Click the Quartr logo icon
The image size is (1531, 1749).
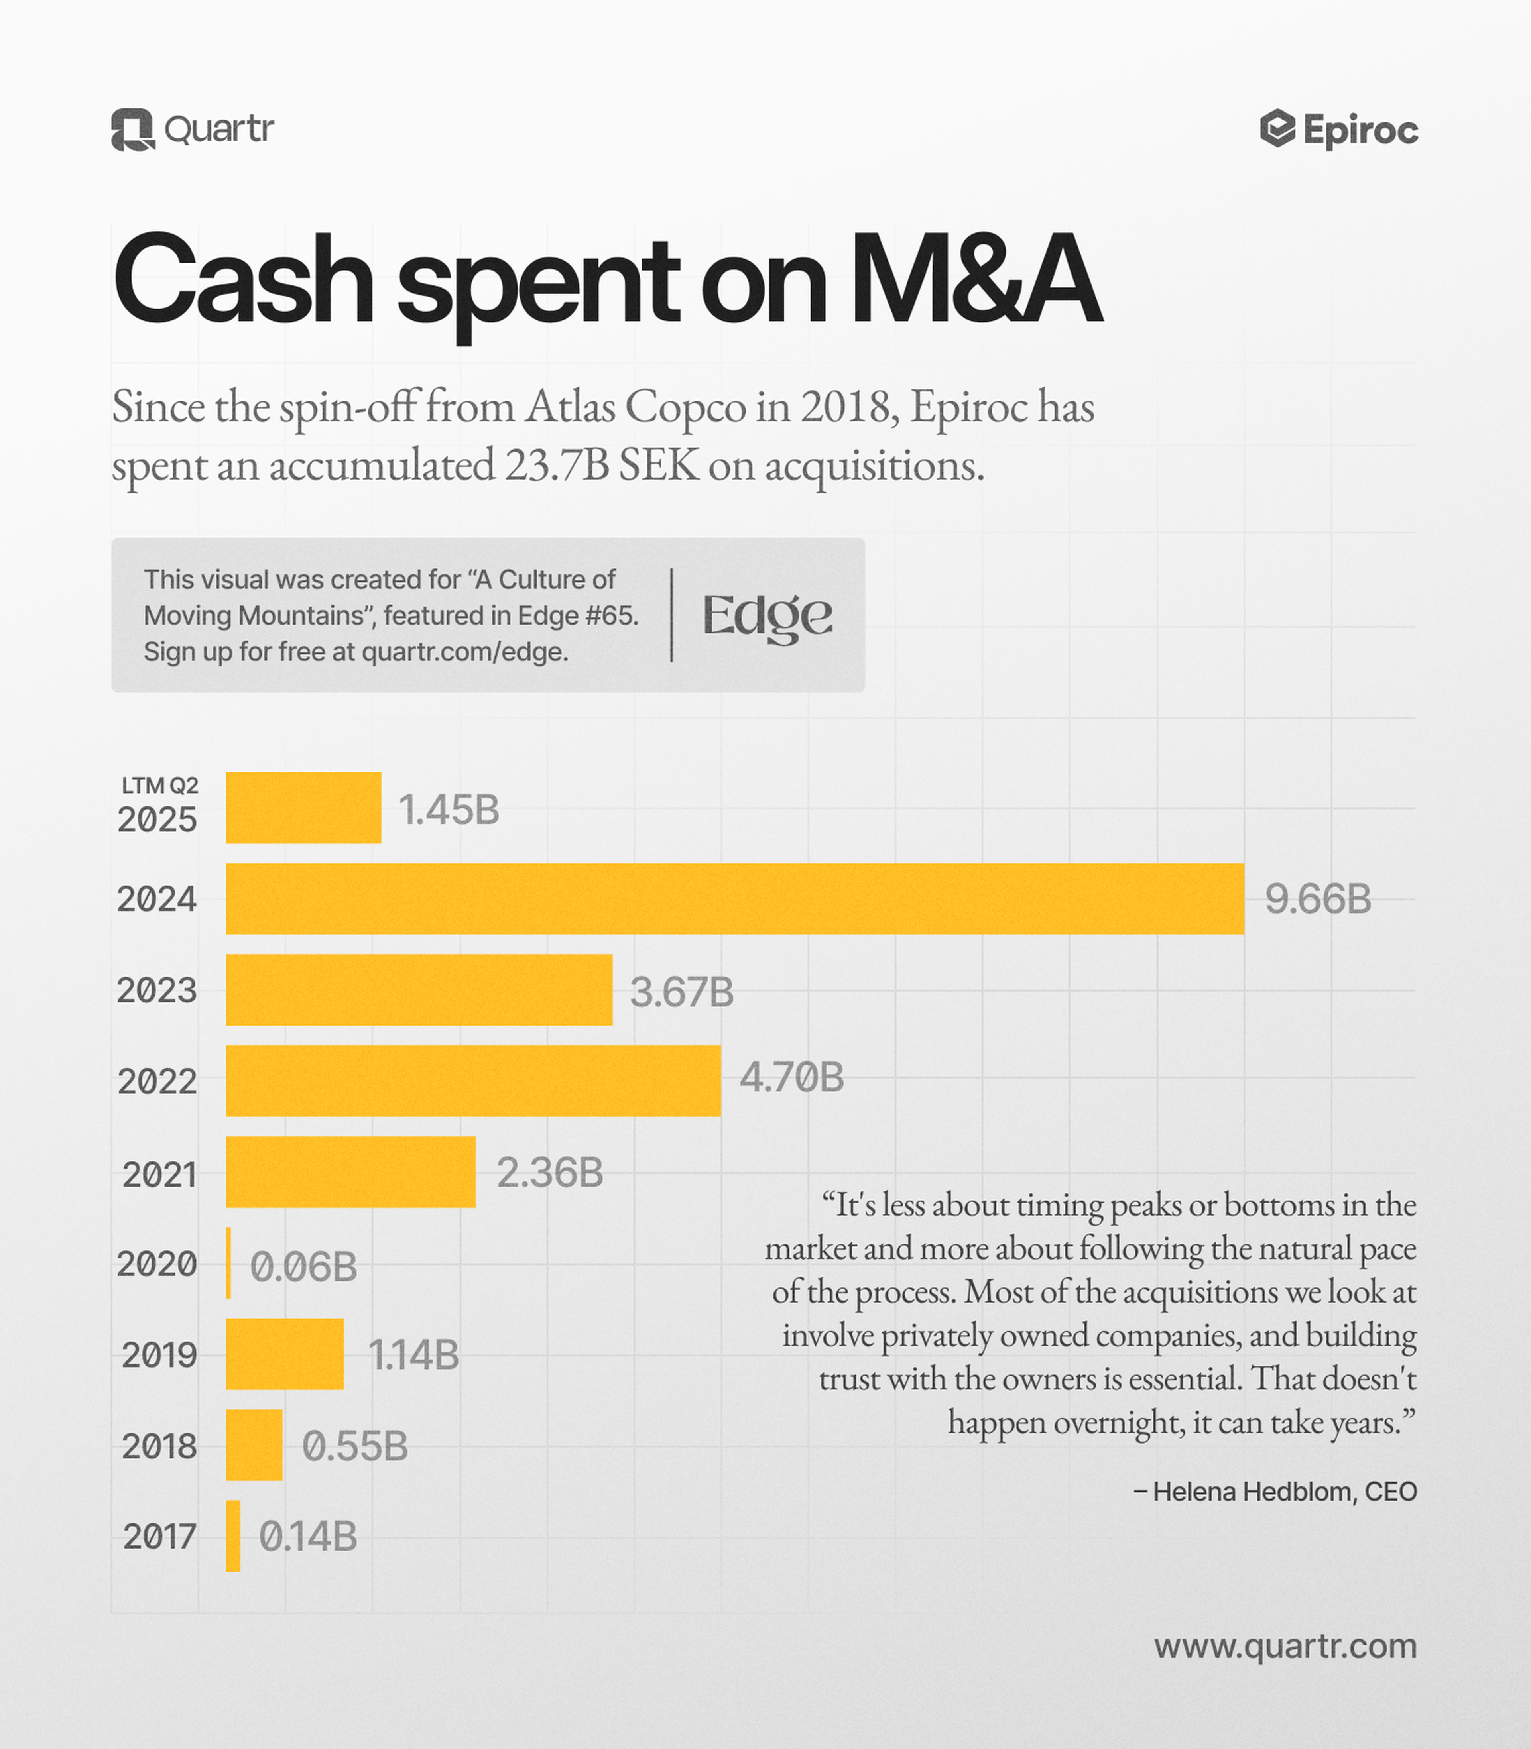tap(132, 130)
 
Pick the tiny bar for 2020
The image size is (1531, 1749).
tap(228, 1263)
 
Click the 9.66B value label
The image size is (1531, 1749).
tap(1317, 899)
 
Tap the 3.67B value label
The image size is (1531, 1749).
tap(681, 992)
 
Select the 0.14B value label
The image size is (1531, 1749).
tap(307, 1536)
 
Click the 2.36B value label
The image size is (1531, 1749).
tap(549, 1173)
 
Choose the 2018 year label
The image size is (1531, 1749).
tap(159, 1446)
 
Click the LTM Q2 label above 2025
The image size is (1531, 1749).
tap(160, 785)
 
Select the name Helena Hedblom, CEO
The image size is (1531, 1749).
tap(1275, 1491)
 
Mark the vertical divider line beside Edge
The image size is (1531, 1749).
tap(671, 615)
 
